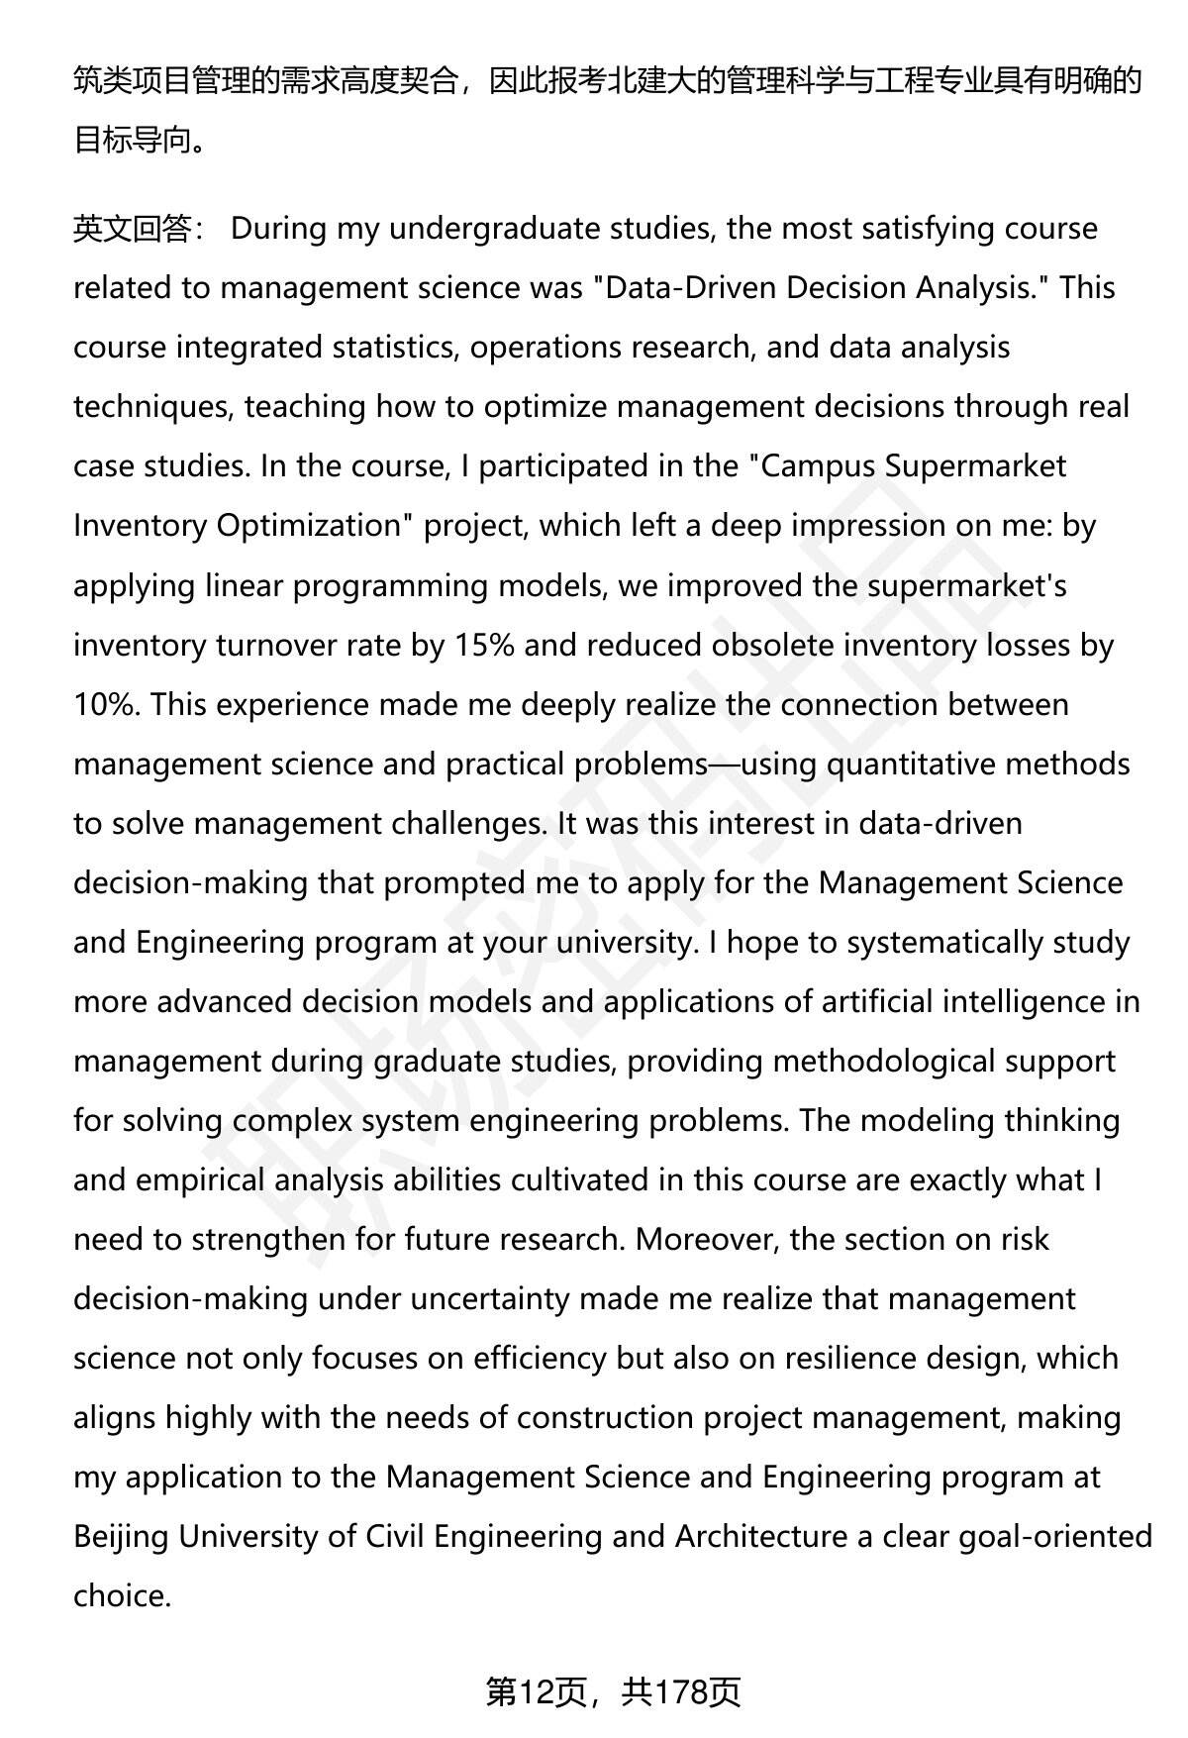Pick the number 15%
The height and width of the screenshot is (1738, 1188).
[x=484, y=645]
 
